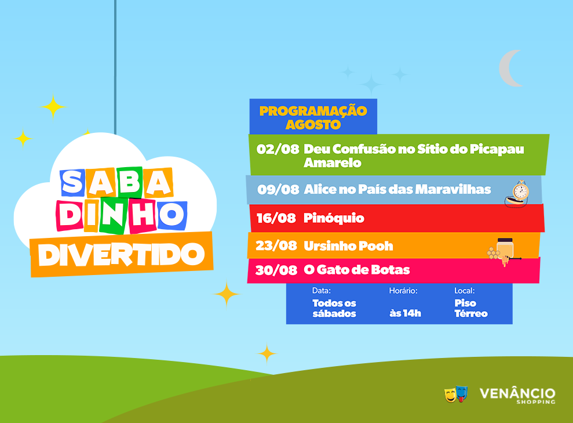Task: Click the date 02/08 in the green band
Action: [278, 149]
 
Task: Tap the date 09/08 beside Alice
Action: [278, 190]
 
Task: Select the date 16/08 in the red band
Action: [276, 218]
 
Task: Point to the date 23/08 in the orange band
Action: [276, 245]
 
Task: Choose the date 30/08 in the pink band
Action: [276, 270]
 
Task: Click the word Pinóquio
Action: [334, 218]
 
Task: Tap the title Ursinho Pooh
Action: [349, 246]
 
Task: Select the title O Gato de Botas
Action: [357, 270]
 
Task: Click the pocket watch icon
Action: [517, 194]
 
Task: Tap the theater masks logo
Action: [457, 394]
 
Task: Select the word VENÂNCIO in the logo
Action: [517, 393]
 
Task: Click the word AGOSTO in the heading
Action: [313, 125]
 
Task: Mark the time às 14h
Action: [405, 313]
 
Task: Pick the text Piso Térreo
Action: [470, 308]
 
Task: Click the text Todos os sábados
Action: [334, 308]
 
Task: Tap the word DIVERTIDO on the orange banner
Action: [121, 254]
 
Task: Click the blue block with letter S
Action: [73, 183]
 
